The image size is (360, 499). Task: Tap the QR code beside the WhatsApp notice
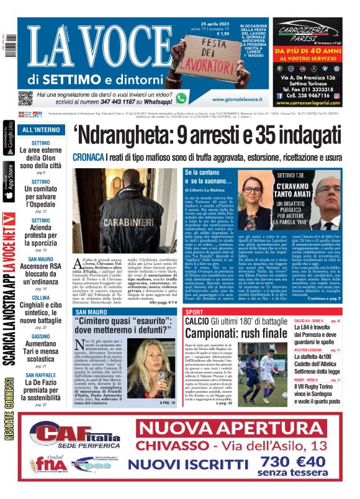coord(25,98)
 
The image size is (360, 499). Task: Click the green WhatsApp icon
coord(181,97)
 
